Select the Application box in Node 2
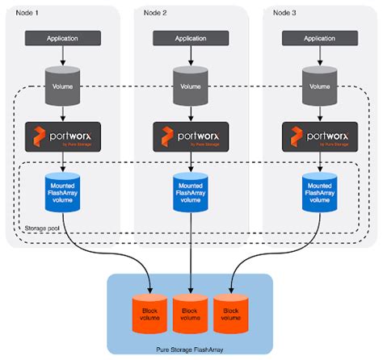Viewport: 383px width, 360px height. click(x=190, y=38)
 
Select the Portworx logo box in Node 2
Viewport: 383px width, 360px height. click(x=190, y=136)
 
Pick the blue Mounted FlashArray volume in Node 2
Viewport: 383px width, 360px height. click(x=190, y=192)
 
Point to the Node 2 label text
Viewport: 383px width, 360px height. click(x=155, y=12)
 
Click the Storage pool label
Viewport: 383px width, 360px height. click(x=41, y=228)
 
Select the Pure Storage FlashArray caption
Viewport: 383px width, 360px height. click(x=191, y=345)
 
